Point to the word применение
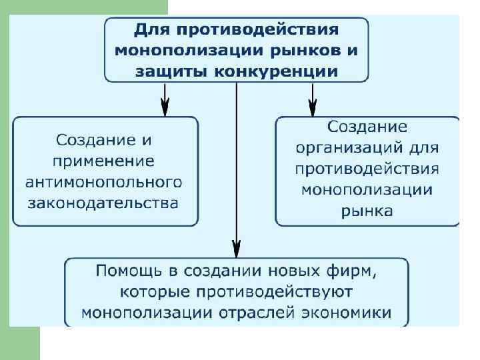(x=105, y=161)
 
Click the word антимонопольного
(x=104, y=181)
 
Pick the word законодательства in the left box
(x=104, y=202)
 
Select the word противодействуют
(x=277, y=291)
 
